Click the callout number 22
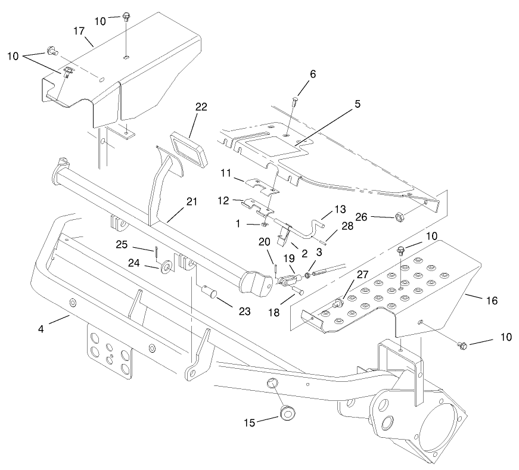coord(201,107)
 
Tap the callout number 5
coord(356,104)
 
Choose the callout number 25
coord(138,245)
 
